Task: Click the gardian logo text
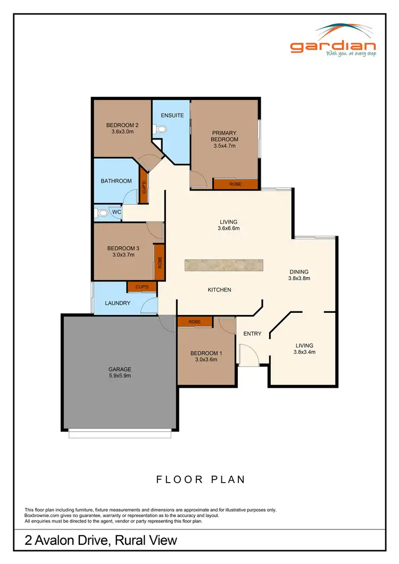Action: [x=333, y=46]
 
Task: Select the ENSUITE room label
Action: [x=172, y=115]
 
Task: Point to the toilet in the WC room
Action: [x=102, y=213]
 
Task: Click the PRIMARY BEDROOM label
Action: [x=224, y=136]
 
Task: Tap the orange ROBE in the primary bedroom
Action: [x=236, y=184]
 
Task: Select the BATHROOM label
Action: [x=116, y=181]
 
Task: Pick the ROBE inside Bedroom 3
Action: [x=159, y=262]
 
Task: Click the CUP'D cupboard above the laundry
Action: [x=142, y=287]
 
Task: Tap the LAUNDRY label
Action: [x=118, y=303]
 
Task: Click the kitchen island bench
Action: [x=224, y=266]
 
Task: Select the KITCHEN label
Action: [x=219, y=290]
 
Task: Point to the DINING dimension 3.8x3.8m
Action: [x=298, y=278]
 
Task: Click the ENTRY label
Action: [x=252, y=334]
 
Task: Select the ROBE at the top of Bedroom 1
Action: [x=194, y=321]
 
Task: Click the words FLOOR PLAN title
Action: [x=201, y=479]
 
